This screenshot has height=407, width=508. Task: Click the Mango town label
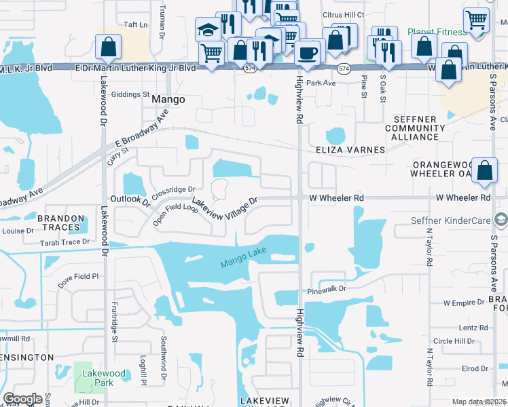click(x=168, y=99)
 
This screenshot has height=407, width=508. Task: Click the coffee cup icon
click(x=308, y=54)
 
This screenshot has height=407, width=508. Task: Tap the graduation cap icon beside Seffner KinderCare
click(x=501, y=219)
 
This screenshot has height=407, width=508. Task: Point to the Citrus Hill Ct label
click(x=343, y=14)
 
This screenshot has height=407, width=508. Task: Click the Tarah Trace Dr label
click(x=65, y=241)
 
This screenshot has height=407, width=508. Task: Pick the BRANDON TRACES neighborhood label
click(x=61, y=223)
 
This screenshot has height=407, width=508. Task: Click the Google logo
click(x=22, y=399)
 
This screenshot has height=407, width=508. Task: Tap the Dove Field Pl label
click(x=78, y=277)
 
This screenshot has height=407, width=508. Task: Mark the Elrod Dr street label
click(x=470, y=368)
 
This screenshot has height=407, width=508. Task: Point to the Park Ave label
click(x=321, y=83)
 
